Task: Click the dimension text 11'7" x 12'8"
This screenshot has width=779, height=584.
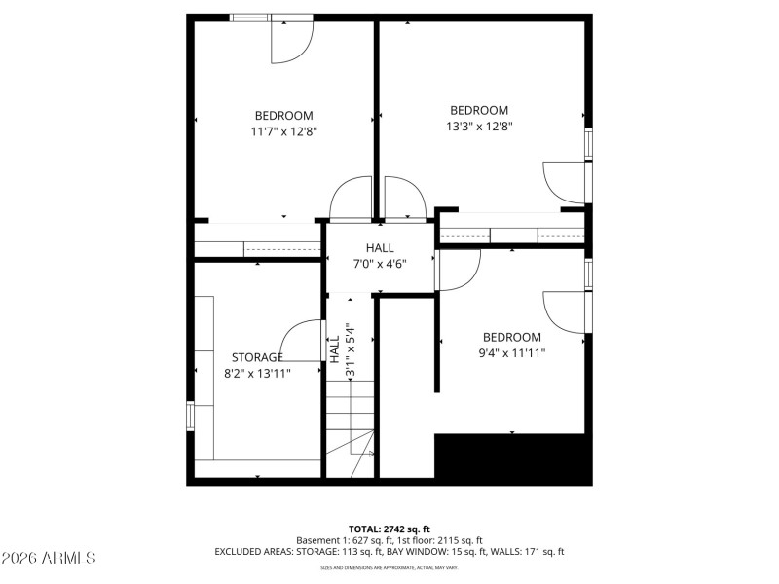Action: (284, 130)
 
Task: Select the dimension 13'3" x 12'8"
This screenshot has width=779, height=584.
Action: (479, 126)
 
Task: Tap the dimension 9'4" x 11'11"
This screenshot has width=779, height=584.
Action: (512, 352)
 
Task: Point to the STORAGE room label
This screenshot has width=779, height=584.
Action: (257, 357)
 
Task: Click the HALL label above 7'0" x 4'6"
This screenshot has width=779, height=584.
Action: (380, 248)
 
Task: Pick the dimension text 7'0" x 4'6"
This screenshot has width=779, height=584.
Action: (380, 263)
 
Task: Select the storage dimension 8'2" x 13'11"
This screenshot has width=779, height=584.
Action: (257, 372)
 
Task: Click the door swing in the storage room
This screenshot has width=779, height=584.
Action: (303, 342)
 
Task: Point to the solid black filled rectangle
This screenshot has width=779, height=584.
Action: (512, 459)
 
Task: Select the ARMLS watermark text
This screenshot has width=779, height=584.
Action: (49, 559)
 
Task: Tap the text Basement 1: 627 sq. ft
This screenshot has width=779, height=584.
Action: (342, 539)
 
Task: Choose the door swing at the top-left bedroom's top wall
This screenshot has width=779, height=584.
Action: (290, 41)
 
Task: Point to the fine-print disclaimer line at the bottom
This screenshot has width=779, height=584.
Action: (389, 567)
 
